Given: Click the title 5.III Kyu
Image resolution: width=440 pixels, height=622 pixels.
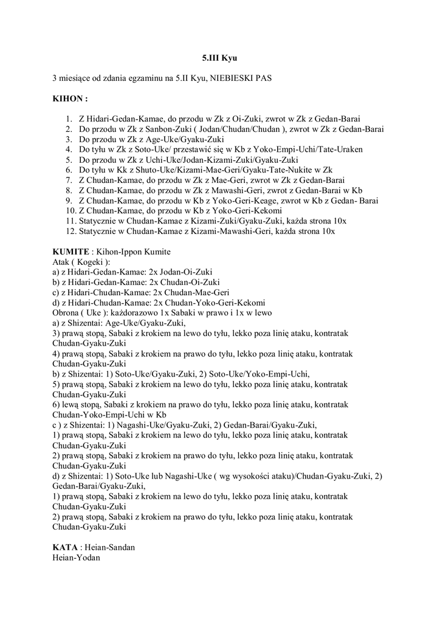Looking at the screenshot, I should tap(219, 59).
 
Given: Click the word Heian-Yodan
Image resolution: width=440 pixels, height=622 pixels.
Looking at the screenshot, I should tap(76, 557).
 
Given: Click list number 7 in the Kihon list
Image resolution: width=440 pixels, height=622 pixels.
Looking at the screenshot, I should tap(69, 180).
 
